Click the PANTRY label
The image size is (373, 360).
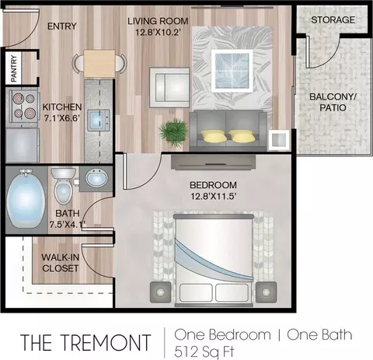tap(14, 68)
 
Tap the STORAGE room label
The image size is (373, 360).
tap(333, 20)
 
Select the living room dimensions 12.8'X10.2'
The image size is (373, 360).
tap(158, 32)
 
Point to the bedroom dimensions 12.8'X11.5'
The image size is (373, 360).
tap(214, 196)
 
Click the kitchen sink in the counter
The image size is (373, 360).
tap(99, 120)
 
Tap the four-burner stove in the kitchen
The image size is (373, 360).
tap(24, 106)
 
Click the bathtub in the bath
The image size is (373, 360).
tap(26, 199)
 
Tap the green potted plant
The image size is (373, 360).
tap(173, 131)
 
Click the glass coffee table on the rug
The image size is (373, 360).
tap(232, 71)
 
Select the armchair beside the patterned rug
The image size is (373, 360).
tap(169, 88)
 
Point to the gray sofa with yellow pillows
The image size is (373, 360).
tap(228, 131)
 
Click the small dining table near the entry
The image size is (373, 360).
tap(99, 64)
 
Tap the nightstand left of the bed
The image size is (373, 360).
tap(161, 292)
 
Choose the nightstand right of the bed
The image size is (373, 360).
tap(266, 292)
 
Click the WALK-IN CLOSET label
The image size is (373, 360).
tap(61, 263)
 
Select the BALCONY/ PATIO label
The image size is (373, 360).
tap(333, 102)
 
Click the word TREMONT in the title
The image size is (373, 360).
tap(106, 343)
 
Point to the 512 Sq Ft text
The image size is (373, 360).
tap(204, 352)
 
